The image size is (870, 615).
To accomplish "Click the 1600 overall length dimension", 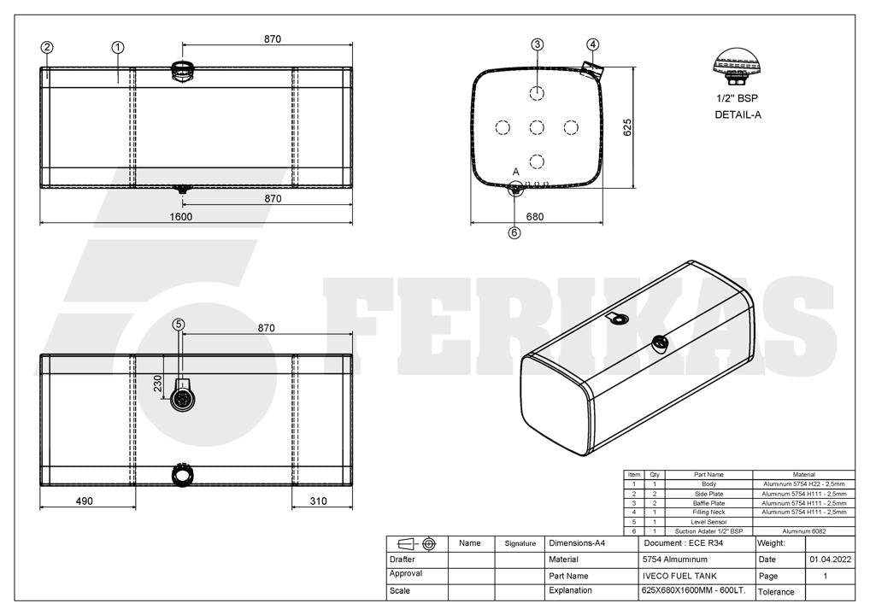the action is [181, 217].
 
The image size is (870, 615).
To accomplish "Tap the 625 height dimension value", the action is [627, 127].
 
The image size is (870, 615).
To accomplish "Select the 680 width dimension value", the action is [535, 217].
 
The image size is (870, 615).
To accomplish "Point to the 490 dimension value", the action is [84, 501].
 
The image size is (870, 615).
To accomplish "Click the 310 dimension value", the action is [319, 501].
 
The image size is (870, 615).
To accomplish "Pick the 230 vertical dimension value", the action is [157, 384].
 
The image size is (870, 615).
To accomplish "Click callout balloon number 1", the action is [118, 48].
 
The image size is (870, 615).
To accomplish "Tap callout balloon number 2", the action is [47, 48].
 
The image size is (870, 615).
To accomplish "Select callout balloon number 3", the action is [537, 44].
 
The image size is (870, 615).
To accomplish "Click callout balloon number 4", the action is [592, 44].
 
